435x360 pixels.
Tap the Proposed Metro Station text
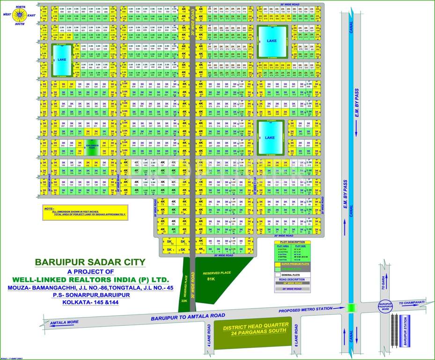[306, 309]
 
